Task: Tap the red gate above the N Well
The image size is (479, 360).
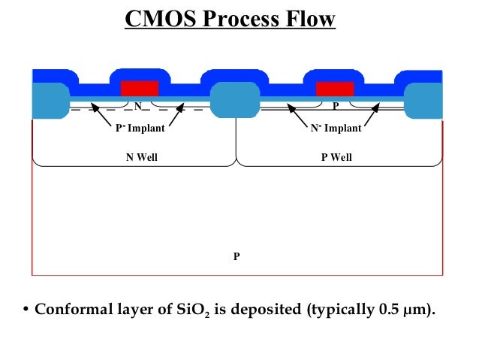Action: [x=139, y=88]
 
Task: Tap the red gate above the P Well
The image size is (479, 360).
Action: [x=334, y=88]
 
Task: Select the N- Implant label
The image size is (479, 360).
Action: [x=336, y=129]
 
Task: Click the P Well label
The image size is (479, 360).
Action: [x=336, y=158]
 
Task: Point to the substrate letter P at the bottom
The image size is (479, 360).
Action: [x=236, y=256]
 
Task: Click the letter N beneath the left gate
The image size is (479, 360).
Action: [x=138, y=106]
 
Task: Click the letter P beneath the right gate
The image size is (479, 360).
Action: [x=336, y=106]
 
